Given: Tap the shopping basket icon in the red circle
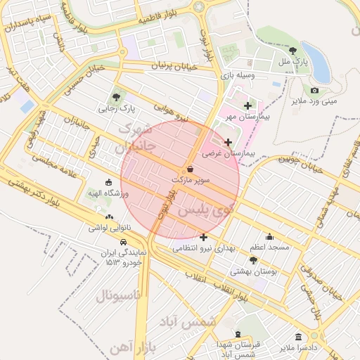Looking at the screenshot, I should click(191, 169).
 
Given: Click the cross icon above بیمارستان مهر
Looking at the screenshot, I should click(247, 105).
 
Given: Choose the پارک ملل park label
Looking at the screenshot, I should click(294, 63).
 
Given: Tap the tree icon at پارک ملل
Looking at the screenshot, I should click(292, 51).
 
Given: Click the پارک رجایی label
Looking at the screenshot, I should click(117, 108).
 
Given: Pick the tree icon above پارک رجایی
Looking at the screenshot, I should click(117, 97).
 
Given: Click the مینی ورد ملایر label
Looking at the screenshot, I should click(314, 101).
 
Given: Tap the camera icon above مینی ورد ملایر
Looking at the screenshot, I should click(314, 90).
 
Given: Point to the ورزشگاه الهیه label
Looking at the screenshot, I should click(107, 193).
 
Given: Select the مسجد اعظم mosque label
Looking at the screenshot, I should click(269, 247).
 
